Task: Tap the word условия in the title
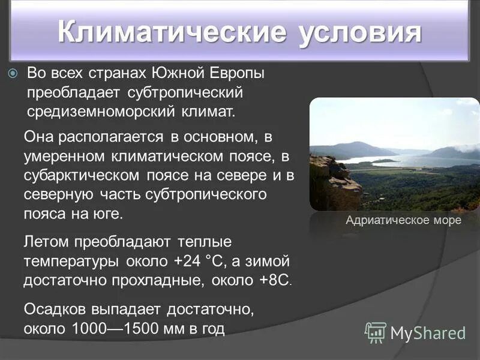(x=358, y=31)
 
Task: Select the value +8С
(x=276, y=281)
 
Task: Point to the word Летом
(x=47, y=242)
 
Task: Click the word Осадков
(x=55, y=310)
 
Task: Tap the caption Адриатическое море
(x=403, y=220)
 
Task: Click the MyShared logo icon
(x=376, y=332)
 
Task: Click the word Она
(x=38, y=137)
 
